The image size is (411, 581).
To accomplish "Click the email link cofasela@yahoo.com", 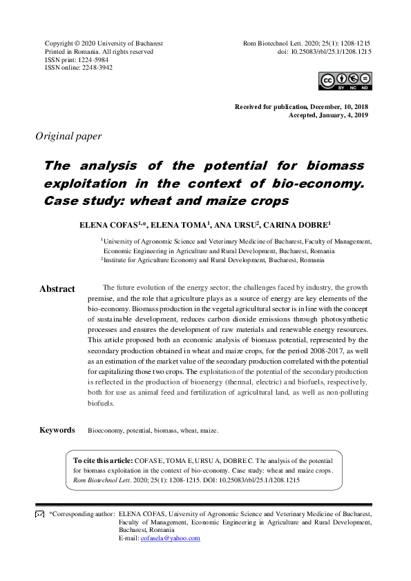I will point(170,538).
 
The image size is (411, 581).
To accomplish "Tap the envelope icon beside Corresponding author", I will point(39,515).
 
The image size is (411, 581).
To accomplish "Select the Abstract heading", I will point(57,289).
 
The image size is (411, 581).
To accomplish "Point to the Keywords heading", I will point(57,430).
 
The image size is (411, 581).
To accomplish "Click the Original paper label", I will point(68,136).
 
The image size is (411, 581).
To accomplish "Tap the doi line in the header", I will point(324,52).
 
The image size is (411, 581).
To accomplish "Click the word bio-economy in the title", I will point(317,184).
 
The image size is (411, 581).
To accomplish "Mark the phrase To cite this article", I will point(103,460).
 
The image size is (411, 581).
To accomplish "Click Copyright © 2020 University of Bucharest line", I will point(104,43).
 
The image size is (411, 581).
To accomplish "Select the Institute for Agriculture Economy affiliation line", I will point(213,260).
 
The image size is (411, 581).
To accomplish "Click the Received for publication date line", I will point(303,107).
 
